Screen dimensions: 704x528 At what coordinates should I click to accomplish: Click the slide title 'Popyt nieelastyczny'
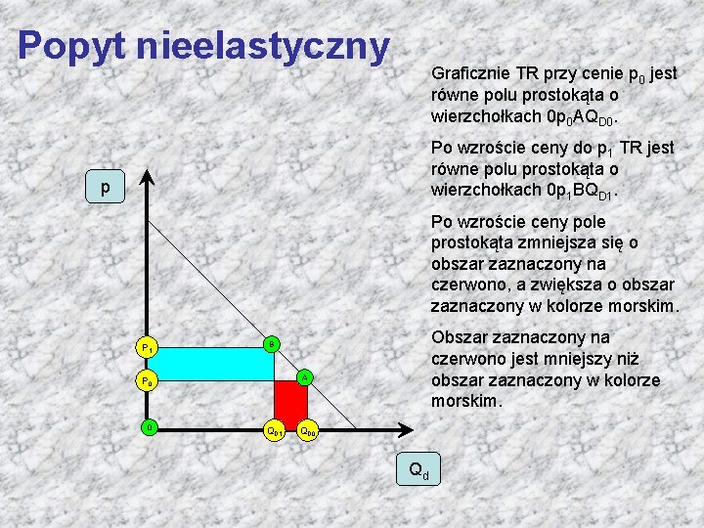click(x=203, y=45)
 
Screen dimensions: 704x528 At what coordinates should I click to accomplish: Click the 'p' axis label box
click(x=105, y=187)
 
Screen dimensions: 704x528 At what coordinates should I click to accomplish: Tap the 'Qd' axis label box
click(x=418, y=470)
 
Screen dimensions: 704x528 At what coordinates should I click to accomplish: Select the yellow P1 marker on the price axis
click(x=147, y=347)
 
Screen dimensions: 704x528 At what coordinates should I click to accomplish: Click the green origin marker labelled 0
click(x=147, y=427)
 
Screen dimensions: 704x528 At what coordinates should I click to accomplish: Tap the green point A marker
click(x=305, y=377)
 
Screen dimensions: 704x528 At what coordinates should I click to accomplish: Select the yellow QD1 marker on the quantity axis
click(x=276, y=429)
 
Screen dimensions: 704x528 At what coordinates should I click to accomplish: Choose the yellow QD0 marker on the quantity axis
click(x=307, y=429)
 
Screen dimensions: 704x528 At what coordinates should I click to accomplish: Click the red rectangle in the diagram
click(x=290, y=404)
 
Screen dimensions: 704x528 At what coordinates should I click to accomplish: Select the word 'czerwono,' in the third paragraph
click(x=466, y=285)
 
